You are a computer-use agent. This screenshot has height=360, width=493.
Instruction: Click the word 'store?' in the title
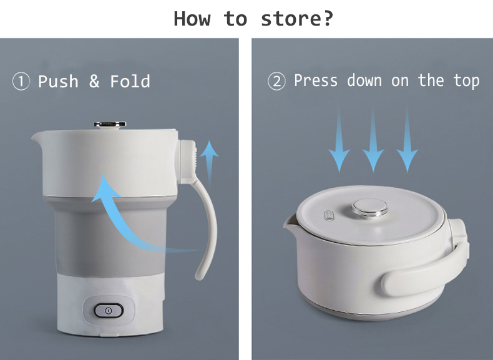pos(297,19)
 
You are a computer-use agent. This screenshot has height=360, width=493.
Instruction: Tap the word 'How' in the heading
pos(192,19)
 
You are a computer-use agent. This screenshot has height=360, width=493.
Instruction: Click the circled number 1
pos(21,82)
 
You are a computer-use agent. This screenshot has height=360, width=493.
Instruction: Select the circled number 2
pos(276,81)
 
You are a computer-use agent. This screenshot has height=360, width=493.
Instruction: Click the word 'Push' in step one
pos(58,82)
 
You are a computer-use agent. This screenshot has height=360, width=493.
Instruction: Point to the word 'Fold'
pos(130,82)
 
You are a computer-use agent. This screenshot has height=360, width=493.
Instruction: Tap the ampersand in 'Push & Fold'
pos(94,82)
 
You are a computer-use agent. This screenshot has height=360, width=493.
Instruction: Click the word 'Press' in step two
pos(316,80)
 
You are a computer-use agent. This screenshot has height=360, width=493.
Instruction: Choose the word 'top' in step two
pos(467,81)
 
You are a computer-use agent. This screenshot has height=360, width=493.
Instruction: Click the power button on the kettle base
pos(109,310)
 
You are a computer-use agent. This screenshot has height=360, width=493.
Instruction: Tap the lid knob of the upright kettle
pos(110,125)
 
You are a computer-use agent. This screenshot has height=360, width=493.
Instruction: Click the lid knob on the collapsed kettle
pos(369,208)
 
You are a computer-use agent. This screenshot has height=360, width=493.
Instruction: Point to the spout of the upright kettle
pos(37,137)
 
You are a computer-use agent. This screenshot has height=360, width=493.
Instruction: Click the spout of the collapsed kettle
pos(290,224)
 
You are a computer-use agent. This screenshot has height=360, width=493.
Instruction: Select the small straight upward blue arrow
pos(210,163)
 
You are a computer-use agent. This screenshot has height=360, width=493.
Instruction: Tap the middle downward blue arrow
pos(373,140)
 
